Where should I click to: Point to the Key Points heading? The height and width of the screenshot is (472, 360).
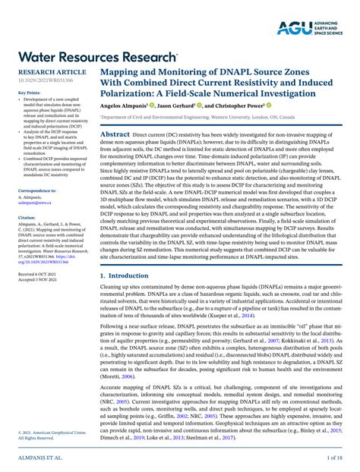pos(30,93)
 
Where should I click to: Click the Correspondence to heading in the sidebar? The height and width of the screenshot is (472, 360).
pos(37,190)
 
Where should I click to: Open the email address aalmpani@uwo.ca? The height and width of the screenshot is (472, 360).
pos(36,203)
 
